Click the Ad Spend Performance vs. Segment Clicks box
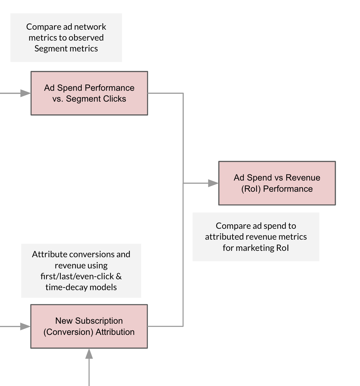[x=89, y=93]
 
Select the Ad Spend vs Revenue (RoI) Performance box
[x=277, y=183]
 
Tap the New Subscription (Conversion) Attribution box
[x=89, y=326]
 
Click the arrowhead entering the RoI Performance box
[x=213, y=183]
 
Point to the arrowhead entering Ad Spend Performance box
[x=26, y=93]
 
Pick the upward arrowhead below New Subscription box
[x=89, y=353]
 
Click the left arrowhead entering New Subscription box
[x=25, y=326]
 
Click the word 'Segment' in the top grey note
[x=50, y=49]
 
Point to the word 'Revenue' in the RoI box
[x=303, y=178]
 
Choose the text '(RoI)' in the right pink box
[x=251, y=189]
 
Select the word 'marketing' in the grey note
[x=255, y=248]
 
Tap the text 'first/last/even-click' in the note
[x=77, y=276]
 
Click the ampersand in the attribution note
[x=119, y=276]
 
